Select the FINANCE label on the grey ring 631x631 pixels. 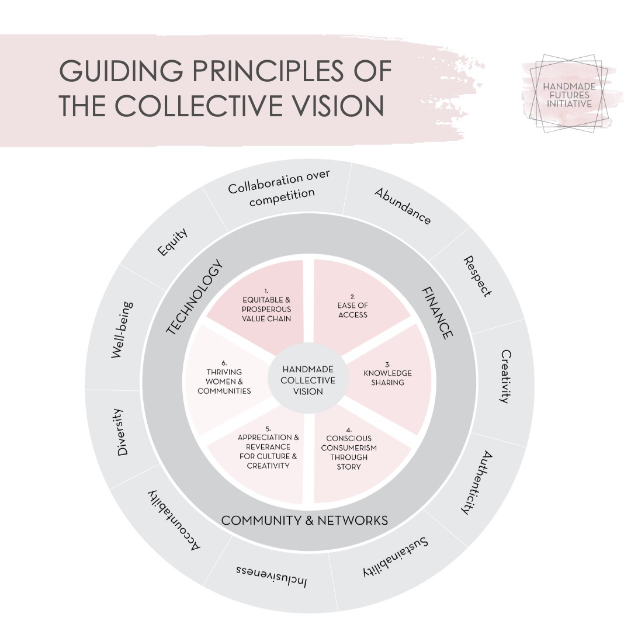[x=436, y=312]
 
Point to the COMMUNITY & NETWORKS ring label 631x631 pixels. [x=304, y=520]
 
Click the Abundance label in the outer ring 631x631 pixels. [x=403, y=206]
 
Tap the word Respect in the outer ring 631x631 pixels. [x=477, y=276]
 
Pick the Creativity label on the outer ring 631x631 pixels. [x=506, y=376]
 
